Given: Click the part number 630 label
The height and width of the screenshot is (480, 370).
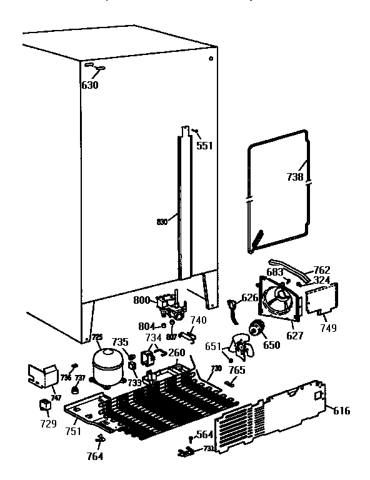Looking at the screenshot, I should coord(90,86).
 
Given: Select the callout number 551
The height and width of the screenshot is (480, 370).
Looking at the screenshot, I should coord(204,146).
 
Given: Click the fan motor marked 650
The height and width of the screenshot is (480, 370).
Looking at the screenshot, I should coord(257,329).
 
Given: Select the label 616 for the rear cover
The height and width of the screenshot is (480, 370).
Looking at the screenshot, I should coord(342,411).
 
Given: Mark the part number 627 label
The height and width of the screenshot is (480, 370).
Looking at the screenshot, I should coord(294,335).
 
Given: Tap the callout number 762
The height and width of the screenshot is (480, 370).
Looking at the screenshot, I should coord(322,270).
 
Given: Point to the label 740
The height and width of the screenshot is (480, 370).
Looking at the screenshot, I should coord(197,320).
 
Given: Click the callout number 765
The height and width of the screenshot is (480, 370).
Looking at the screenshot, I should coord(237,371).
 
